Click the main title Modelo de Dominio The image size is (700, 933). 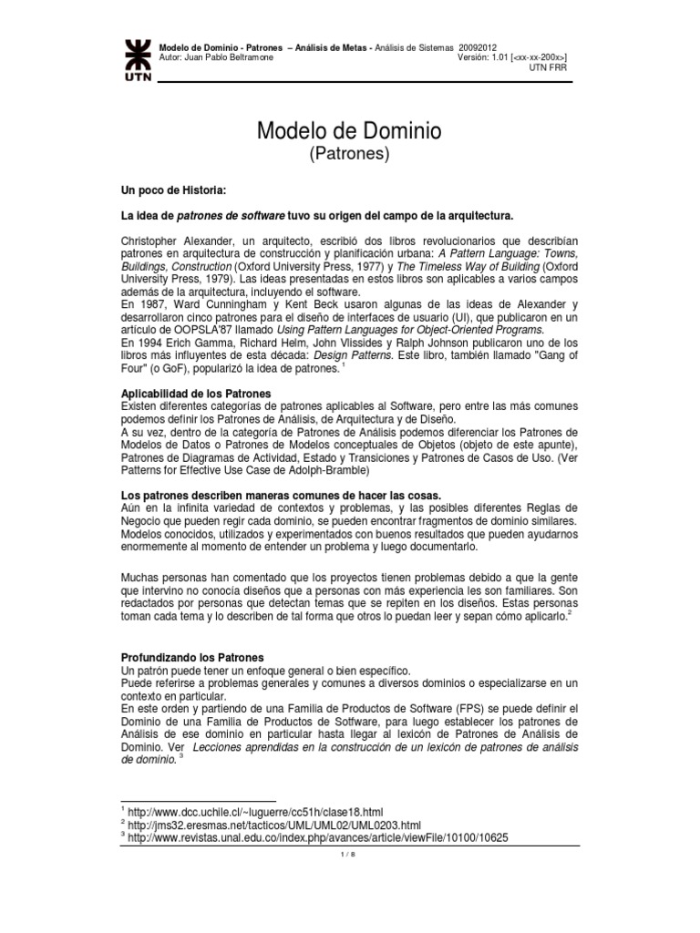pyautogui.click(x=351, y=131)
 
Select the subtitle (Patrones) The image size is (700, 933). pyautogui.click(x=351, y=155)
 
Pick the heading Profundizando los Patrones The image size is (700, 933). pyautogui.click(x=192, y=656)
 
